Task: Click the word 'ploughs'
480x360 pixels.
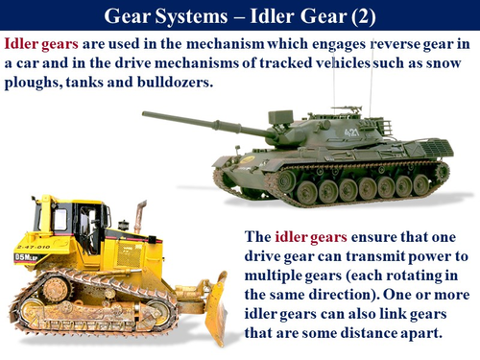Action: pos(36,84)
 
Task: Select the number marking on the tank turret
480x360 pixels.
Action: pos(353,132)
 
